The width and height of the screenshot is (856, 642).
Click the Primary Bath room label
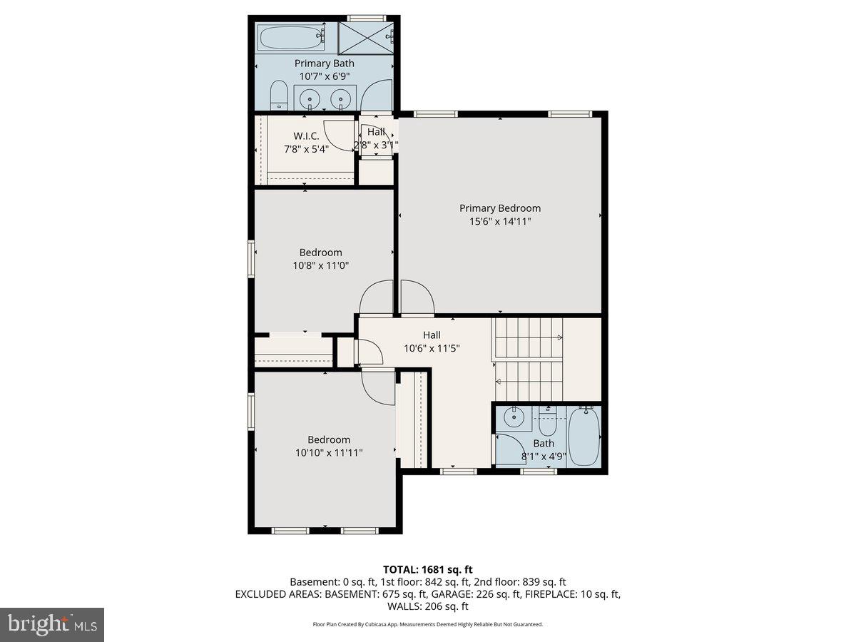click(x=324, y=63)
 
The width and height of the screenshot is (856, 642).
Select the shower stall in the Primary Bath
click(x=365, y=36)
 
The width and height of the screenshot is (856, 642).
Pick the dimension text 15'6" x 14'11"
click(x=499, y=222)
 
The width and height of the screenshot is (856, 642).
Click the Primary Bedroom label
click(x=499, y=208)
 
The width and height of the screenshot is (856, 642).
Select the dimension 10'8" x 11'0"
click(x=320, y=265)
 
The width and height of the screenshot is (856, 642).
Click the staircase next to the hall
click(x=529, y=360)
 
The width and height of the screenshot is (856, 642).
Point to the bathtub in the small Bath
click(x=584, y=437)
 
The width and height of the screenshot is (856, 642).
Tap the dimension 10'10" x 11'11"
click(x=329, y=453)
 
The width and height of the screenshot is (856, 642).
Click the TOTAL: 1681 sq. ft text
click(x=428, y=569)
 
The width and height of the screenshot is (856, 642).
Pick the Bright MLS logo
click(x=52, y=625)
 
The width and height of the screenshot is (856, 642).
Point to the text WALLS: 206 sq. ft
click(x=428, y=606)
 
